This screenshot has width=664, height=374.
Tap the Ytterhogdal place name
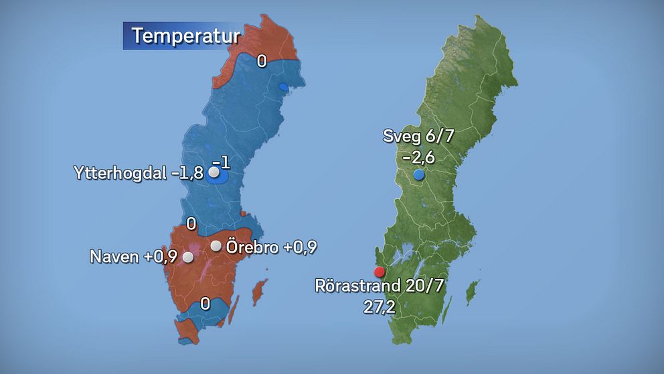click(x=120, y=173)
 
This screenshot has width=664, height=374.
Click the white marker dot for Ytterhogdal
click(x=214, y=173)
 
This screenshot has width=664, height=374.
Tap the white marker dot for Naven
click(x=188, y=257)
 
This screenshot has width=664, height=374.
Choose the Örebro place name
click(x=252, y=247)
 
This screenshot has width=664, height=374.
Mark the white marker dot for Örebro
click(x=216, y=246)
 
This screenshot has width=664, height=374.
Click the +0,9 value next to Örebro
click(x=299, y=247)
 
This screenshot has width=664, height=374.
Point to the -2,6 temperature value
click(x=419, y=157)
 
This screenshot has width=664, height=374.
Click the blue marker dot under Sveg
click(x=419, y=175)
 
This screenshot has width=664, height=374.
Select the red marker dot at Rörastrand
click(x=380, y=272)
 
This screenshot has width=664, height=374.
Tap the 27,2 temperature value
click(x=380, y=307)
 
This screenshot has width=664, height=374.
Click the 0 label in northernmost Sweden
click(x=262, y=61)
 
